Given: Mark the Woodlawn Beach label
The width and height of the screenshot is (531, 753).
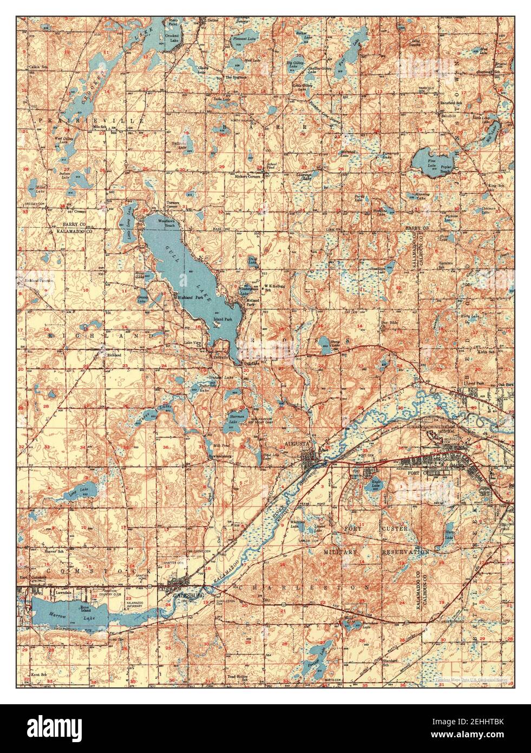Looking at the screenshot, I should pyautogui.click(x=168, y=224).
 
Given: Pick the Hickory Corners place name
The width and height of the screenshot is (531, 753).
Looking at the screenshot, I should pyautogui.click(x=247, y=177).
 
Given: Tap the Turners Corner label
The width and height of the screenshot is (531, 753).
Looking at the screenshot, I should pyautogui.click(x=172, y=206).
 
